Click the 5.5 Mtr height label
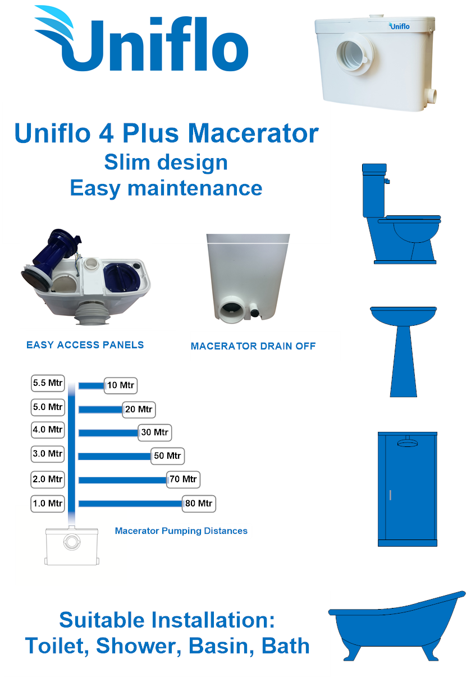48,383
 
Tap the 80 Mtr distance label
199,504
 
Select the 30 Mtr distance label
154,432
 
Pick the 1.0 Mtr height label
48,504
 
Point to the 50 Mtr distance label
167,455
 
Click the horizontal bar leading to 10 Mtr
92,386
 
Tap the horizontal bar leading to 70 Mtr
123,480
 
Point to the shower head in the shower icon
407,442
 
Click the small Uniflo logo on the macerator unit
399,26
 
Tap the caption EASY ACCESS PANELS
85,345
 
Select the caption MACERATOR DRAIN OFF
253,346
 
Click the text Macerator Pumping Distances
181,531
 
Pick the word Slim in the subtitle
127,162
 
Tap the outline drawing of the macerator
71,546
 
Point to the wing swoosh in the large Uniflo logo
54,24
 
